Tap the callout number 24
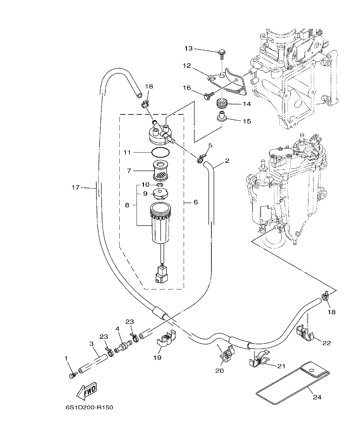(317, 397)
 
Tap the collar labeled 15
(221, 117)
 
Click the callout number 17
(75, 187)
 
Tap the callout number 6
(196, 202)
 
